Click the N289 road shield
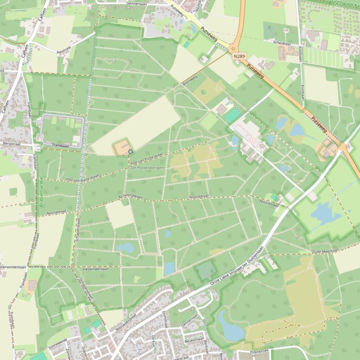238,56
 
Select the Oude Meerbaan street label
325,252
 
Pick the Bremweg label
189,80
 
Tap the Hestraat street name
63,51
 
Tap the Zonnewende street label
58,344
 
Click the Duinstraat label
165,318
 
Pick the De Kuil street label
153,341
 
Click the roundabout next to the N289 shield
234,48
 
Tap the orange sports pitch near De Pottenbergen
121,148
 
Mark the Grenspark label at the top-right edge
344,2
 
